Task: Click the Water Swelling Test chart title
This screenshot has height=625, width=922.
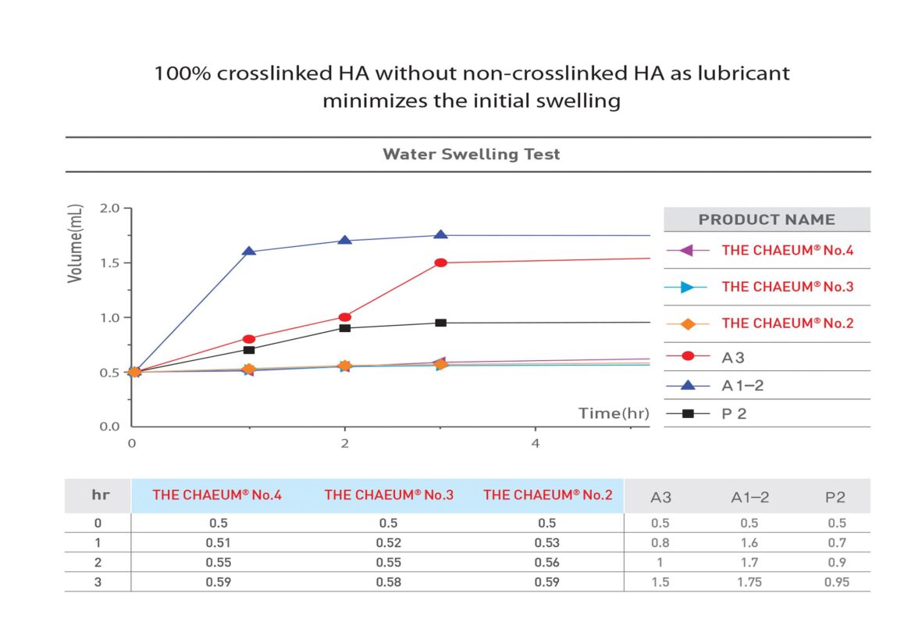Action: pos(471,154)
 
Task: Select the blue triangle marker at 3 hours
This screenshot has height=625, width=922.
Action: pos(440,235)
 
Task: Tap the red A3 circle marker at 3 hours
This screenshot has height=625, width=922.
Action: pos(440,262)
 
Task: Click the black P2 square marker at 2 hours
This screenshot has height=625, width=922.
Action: pos(344,327)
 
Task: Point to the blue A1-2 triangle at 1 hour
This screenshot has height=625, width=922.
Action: pos(249,252)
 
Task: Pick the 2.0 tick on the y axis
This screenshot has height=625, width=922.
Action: pos(109,209)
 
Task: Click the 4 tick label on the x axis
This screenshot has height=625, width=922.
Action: pos(535,443)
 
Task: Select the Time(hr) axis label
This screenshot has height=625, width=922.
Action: pos(614,413)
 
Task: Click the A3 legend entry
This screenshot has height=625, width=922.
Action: pos(734,356)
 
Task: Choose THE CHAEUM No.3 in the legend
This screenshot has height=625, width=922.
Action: pos(787,287)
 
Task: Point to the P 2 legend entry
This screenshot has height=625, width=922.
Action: pos(735,414)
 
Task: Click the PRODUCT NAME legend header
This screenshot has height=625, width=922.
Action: pos(766,220)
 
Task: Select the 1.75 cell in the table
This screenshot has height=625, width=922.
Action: pos(749,582)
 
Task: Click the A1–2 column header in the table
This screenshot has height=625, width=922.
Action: pos(749,497)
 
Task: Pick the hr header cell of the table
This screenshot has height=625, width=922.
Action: pos(99,495)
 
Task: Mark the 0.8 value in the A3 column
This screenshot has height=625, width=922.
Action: pos(660,543)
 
